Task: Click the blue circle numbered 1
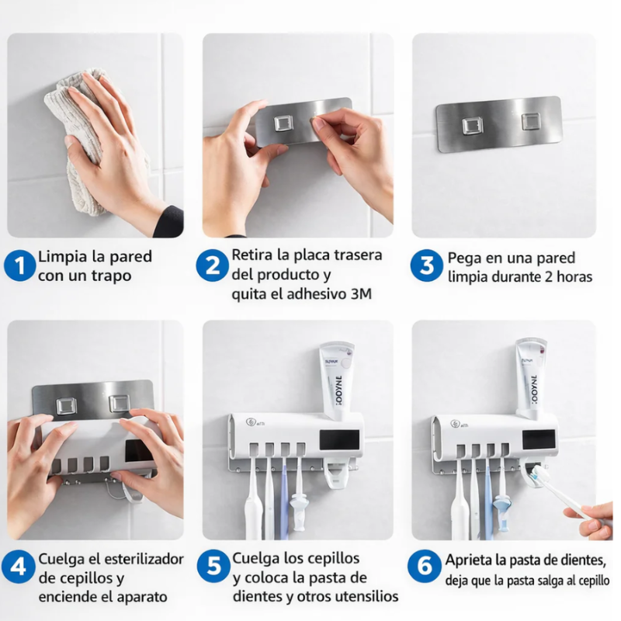(20, 265)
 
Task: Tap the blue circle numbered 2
(211, 265)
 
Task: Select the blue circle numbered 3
(426, 265)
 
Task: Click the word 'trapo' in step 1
(113, 276)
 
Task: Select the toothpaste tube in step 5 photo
(336, 380)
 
